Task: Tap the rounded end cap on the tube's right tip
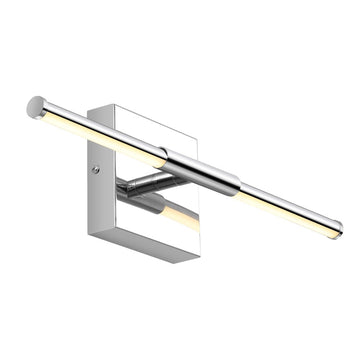click(x=337, y=227)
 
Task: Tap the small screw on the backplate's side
click(x=96, y=170)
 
